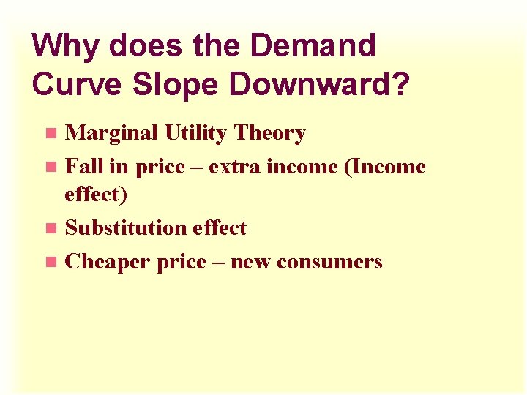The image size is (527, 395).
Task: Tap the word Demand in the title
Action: pos(314,46)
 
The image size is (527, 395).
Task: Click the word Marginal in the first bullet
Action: pos(111,133)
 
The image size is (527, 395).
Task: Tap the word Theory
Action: pos(269,133)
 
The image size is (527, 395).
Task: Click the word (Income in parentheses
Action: pos(384,166)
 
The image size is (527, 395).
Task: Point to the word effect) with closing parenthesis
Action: pos(96,195)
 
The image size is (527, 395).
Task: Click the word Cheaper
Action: pos(108,261)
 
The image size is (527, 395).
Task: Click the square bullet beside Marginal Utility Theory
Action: pos(50,134)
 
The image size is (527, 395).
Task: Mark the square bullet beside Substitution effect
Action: pos(50,228)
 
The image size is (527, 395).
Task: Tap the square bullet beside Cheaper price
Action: pos(50,262)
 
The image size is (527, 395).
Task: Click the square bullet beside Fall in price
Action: pos(50,167)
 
